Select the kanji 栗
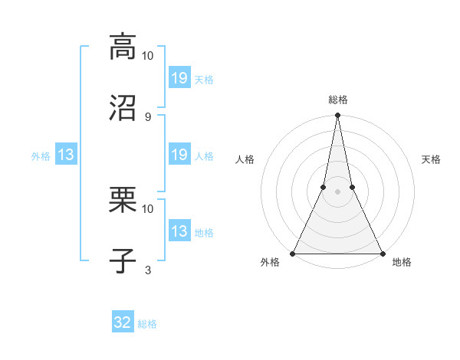point(123,199)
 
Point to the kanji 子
point(123,260)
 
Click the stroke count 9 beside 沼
point(148,116)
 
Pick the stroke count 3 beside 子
point(148,270)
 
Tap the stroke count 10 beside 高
point(148,55)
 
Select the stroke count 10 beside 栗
point(148,208)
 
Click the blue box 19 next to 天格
point(179,77)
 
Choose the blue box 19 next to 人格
point(179,155)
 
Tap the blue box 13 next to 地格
point(179,231)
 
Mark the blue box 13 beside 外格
point(66,155)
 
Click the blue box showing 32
point(123,322)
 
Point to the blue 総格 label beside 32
point(147,324)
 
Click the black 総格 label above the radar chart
point(338,100)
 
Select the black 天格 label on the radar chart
point(432,159)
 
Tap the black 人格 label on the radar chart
point(245,159)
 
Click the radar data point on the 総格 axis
point(337,116)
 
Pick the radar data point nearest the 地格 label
point(382,253)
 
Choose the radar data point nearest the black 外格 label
point(293,253)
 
